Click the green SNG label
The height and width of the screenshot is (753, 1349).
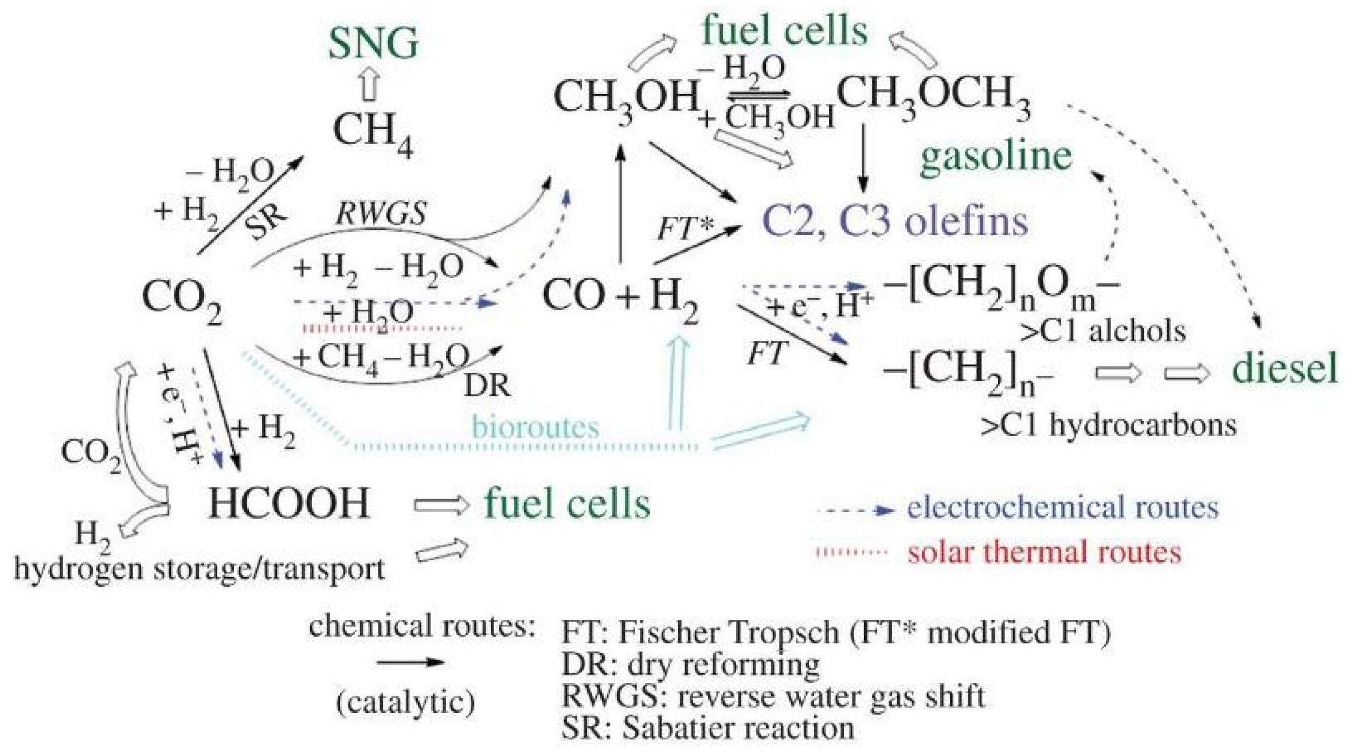373,44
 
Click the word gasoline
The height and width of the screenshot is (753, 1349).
996,155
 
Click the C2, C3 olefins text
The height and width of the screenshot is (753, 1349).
895,222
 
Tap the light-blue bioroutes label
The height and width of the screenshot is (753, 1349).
535,427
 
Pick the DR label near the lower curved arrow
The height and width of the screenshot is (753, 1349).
487,385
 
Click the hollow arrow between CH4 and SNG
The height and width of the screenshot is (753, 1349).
371,85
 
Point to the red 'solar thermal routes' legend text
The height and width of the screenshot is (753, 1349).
1044,552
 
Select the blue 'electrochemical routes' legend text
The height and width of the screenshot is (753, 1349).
1062,508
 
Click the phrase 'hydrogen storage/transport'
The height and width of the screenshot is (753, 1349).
199,569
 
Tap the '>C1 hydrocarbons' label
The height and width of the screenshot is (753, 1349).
1108,426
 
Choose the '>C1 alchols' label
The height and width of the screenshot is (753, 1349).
1102,331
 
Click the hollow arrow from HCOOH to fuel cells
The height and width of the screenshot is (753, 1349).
441,505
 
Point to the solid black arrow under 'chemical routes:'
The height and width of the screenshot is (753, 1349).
410,662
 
